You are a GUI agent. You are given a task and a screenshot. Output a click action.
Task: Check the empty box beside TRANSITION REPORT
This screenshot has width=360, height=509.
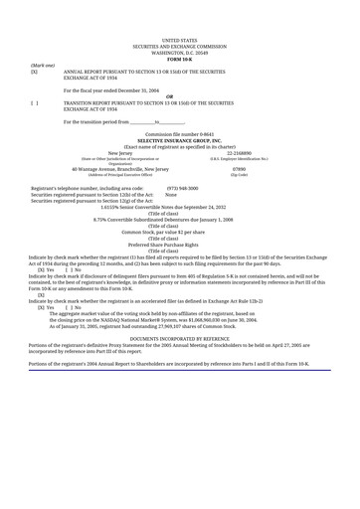point(35,103)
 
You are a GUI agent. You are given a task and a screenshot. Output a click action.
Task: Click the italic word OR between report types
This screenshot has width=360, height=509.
point(179,96)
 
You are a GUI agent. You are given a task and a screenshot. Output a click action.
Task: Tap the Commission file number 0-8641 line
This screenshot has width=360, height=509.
point(179,132)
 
